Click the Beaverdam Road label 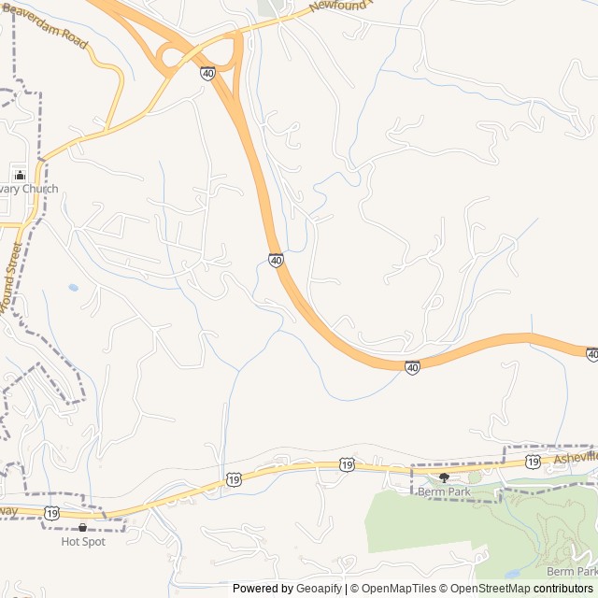coord(46,24)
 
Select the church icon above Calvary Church coord(21,175)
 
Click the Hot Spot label coord(83,541)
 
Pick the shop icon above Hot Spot coord(82,527)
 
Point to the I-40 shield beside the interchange coord(206,72)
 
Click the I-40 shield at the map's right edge coord(591,354)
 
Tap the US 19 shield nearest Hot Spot coord(51,513)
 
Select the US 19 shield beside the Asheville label coord(532,462)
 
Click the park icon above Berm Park coord(444,477)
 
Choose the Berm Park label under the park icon coord(444,491)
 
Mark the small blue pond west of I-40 coord(73,288)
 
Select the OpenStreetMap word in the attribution coord(491,589)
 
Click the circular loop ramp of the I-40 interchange coord(172,58)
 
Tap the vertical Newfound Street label coord(11,278)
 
